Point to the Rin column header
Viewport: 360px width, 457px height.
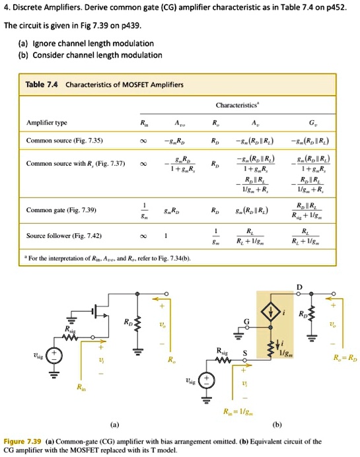click(136, 123)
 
